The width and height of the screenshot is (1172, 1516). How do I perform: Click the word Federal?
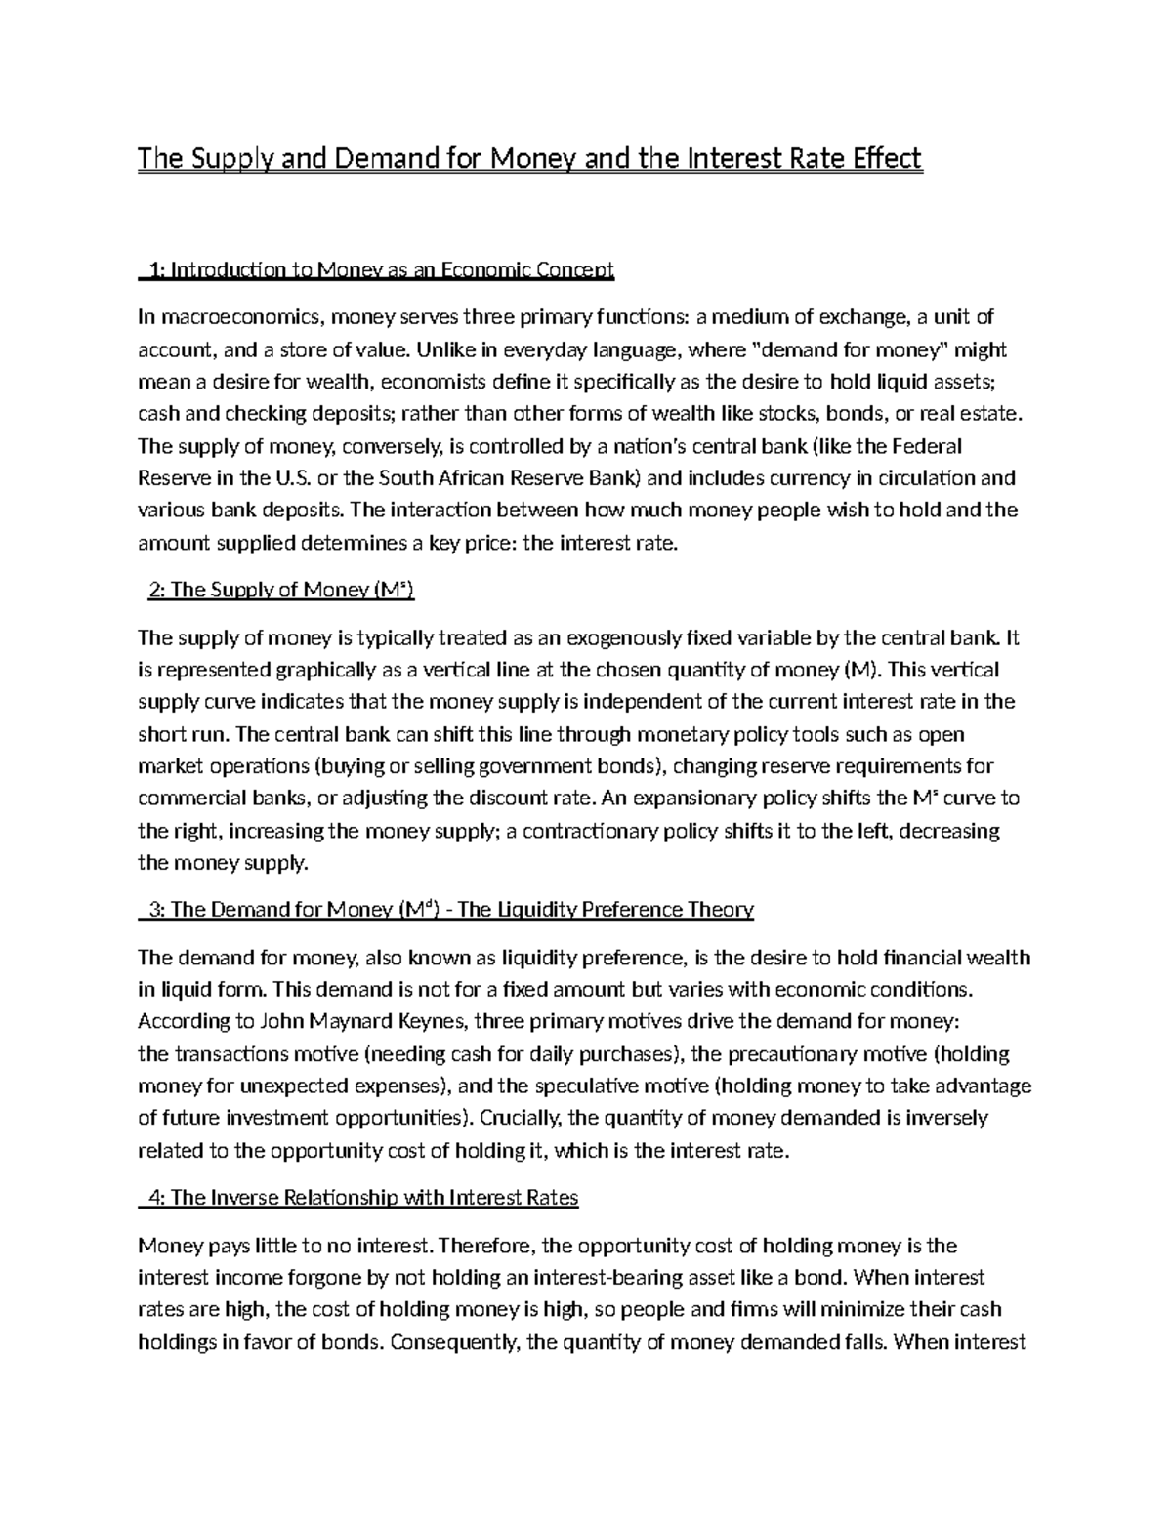coord(926,446)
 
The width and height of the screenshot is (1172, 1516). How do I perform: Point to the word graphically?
coord(327,670)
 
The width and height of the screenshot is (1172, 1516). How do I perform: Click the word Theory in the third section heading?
coord(720,910)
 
